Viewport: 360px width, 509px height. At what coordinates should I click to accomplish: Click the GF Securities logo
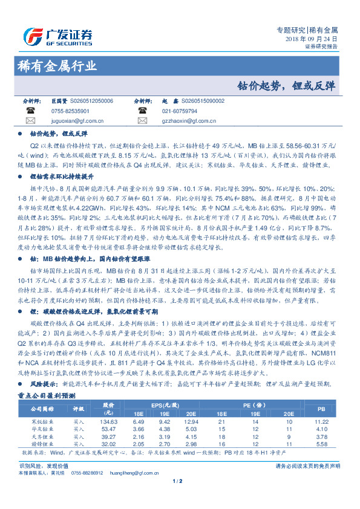point(58,34)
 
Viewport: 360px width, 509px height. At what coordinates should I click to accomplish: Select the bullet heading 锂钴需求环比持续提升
point(62,176)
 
